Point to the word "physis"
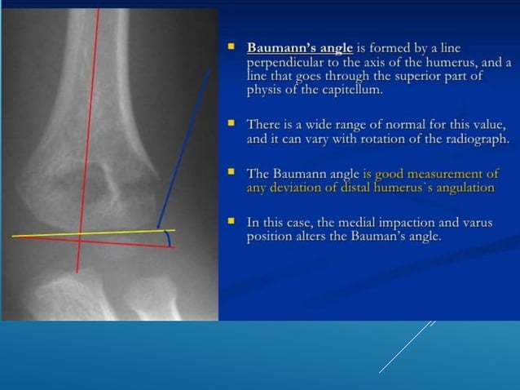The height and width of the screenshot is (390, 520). pyautogui.click(x=264, y=90)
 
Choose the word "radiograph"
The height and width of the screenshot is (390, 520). pyautogui.click(x=474, y=139)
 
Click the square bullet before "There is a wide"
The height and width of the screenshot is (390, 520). pyautogui.click(x=232, y=125)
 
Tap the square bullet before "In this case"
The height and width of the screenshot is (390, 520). pyautogui.click(x=232, y=223)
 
